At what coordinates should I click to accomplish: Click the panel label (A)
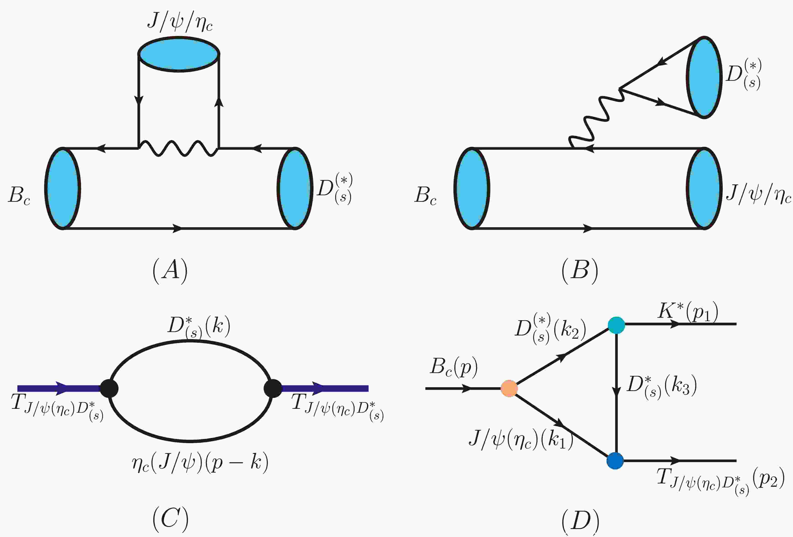(x=170, y=271)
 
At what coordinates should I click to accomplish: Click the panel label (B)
(x=580, y=271)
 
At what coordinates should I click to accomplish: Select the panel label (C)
(x=170, y=519)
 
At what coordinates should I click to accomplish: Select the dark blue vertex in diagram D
(x=615, y=461)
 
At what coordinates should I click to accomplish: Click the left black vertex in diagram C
(x=109, y=388)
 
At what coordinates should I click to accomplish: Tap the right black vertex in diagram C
(x=273, y=388)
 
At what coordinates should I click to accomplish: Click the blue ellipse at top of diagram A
(x=179, y=54)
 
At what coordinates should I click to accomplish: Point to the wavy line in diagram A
(x=178, y=149)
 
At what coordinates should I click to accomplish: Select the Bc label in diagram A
(x=19, y=196)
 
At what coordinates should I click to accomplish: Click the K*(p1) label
(x=688, y=311)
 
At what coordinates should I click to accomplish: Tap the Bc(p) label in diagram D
(x=454, y=368)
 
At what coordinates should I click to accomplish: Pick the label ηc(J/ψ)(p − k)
(x=200, y=463)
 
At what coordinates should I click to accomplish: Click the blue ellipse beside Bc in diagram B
(x=472, y=188)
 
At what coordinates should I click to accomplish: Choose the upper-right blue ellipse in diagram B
(x=704, y=77)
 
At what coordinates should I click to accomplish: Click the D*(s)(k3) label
(x=662, y=386)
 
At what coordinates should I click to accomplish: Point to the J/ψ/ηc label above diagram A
(x=180, y=22)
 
